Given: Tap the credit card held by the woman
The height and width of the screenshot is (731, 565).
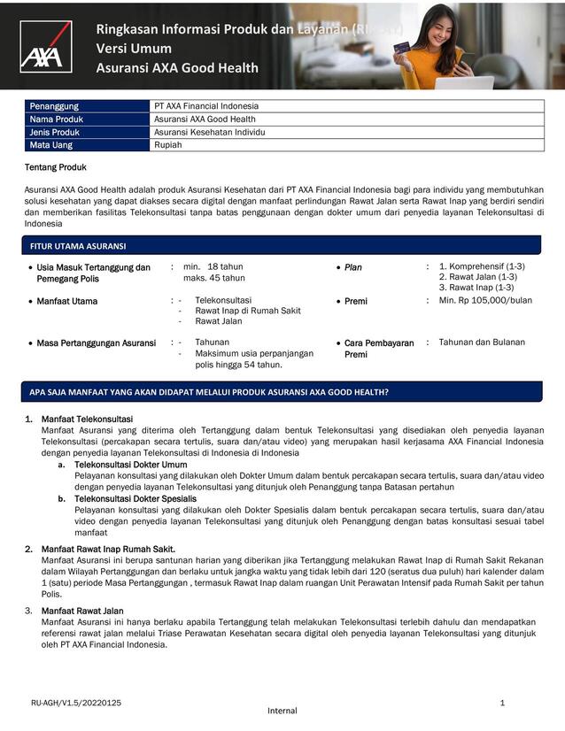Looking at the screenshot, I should [400, 48].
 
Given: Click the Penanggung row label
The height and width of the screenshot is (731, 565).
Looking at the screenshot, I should [54, 106].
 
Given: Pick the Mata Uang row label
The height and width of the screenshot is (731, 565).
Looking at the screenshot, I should [51, 145].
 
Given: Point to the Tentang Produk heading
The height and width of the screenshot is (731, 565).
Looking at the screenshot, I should [55, 167].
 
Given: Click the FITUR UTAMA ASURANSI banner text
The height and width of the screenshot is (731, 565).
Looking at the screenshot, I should [78, 246].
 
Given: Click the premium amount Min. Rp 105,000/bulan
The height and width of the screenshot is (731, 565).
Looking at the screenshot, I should [485, 301].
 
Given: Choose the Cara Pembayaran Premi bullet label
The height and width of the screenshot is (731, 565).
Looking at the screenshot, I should [379, 349].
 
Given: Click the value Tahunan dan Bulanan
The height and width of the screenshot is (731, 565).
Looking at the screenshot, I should [482, 342].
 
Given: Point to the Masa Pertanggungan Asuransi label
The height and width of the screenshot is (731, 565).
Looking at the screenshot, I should [96, 342].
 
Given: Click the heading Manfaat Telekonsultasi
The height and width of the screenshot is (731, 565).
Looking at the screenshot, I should [87, 419].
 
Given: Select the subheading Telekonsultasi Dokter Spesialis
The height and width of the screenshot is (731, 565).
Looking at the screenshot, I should [135, 498].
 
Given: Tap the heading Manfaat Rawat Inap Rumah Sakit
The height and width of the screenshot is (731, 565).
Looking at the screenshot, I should [108, 550].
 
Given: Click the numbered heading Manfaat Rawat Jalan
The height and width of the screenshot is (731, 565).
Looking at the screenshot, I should [82, 612].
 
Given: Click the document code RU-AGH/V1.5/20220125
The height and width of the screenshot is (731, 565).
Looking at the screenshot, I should [76, 703].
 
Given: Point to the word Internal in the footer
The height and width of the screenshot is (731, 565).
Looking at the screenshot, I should [282, 711].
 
